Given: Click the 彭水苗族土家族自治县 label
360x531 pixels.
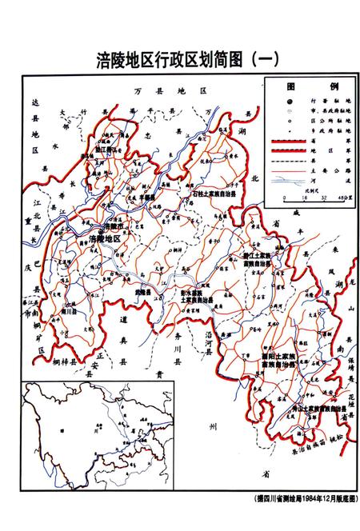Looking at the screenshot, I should click(196, 297).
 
